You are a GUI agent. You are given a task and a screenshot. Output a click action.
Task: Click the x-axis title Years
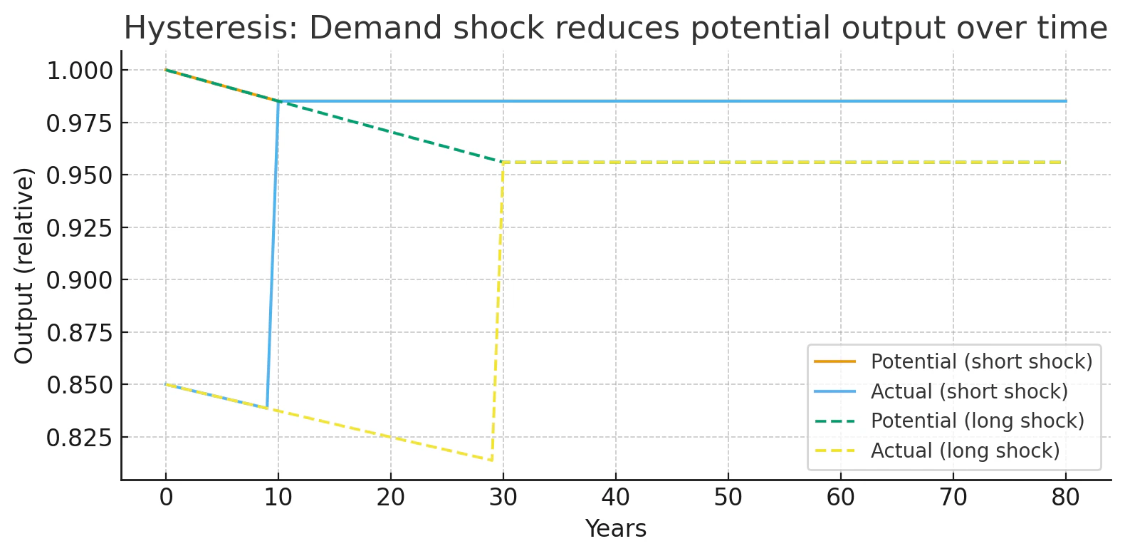[616, 528]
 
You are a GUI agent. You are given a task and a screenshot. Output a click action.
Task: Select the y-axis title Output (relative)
[23, 266]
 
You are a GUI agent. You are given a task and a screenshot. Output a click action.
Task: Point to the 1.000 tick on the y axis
[80, 71]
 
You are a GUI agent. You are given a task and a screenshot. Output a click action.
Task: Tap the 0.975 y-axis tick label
[80, 123]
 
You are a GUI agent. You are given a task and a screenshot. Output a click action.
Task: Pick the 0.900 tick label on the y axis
[80, 280]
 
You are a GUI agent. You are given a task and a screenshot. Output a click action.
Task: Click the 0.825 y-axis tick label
[80, 438]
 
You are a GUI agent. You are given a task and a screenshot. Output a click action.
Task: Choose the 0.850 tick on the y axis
[80, 385]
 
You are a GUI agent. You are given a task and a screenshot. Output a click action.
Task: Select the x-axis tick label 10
[278, 498]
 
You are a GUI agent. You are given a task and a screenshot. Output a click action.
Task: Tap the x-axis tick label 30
[503, 498]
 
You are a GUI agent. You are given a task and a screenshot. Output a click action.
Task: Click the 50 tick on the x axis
[728, 498]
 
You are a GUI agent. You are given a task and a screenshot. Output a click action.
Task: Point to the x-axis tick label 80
[1066, 498]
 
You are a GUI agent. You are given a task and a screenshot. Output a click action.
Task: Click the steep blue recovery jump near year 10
[273, 254]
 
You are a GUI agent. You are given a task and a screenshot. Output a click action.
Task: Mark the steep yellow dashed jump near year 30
[498, 312]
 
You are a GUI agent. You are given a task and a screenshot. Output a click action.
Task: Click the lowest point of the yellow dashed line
[492, 460]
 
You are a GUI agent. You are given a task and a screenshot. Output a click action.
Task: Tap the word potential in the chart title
[760, 28]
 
